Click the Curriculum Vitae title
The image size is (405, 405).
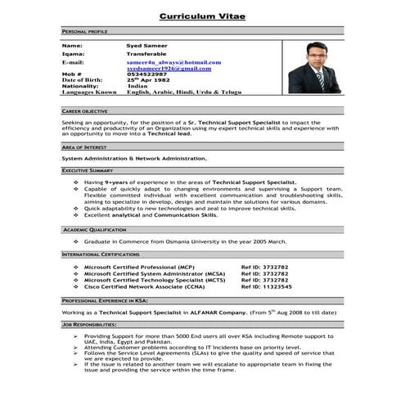tap(202, 16)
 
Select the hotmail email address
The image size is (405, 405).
tap(173, 61)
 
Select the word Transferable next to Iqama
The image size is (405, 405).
tap(148, 54)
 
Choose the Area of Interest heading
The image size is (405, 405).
tap(85, 146)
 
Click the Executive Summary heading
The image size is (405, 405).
tap(88, 170)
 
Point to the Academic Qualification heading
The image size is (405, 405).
tap(94, 231)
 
